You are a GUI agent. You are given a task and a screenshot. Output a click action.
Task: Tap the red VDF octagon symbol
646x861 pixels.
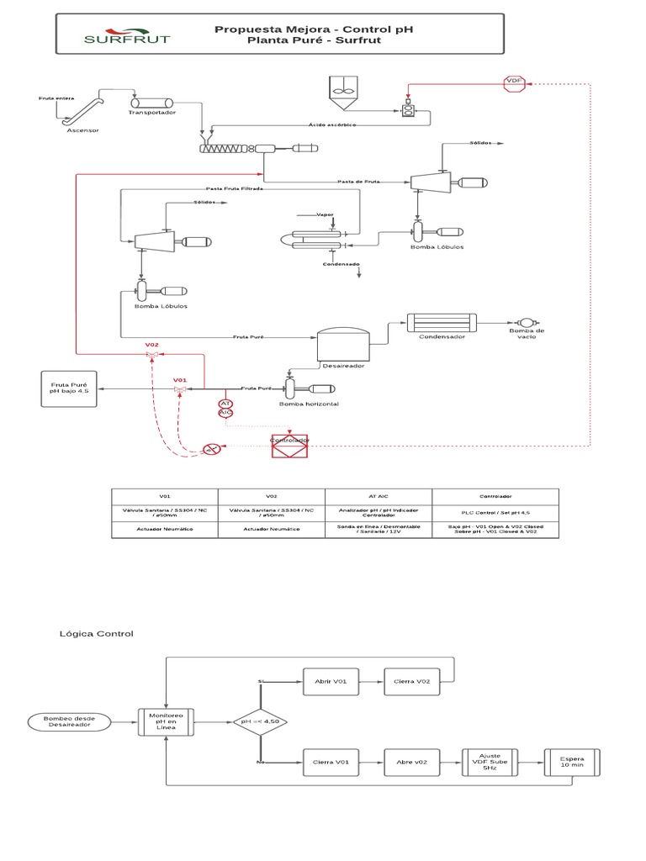tap(513, 82)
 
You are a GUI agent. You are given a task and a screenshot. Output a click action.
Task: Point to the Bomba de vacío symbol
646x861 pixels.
tap(527, 323)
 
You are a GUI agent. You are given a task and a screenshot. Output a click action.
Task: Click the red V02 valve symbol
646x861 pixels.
tap(152, 356)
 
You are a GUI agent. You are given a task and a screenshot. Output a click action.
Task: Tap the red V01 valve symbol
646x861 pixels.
tap(179, 389)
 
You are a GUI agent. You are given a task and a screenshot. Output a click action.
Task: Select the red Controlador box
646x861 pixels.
tap(289, 446)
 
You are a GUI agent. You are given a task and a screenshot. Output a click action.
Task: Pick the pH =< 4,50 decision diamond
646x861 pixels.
tap(260, 721)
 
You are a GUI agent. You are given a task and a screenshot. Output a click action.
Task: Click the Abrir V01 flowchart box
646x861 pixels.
tap(331, 681)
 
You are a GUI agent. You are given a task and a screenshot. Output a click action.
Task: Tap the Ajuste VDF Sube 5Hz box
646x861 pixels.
tap(490, 762)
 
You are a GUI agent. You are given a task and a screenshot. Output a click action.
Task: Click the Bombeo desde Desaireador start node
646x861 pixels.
tap(67, 721)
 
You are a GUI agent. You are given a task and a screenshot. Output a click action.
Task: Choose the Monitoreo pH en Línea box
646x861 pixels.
tap(166, 721)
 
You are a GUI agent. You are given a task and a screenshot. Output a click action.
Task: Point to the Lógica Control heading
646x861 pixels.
tap(96, 633)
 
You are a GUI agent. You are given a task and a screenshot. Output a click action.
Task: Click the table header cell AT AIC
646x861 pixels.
tap(379, 497)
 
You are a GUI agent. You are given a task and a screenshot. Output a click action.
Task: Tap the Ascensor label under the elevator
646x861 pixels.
tap(82, 130)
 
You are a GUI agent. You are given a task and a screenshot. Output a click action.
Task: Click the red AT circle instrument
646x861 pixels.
tap(225, 404)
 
